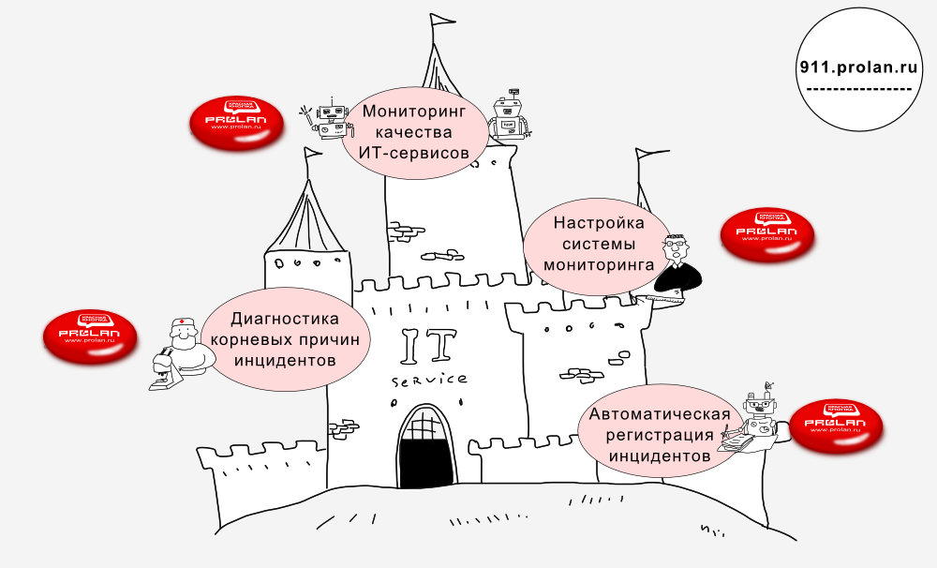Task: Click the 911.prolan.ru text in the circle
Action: tap(858, 68)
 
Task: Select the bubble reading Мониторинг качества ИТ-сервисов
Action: tap(413, 132)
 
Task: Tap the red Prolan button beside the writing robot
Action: tap(836, 427)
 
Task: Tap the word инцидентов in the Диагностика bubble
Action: tap(285, 360)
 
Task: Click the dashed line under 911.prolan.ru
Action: tap(858, 89)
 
